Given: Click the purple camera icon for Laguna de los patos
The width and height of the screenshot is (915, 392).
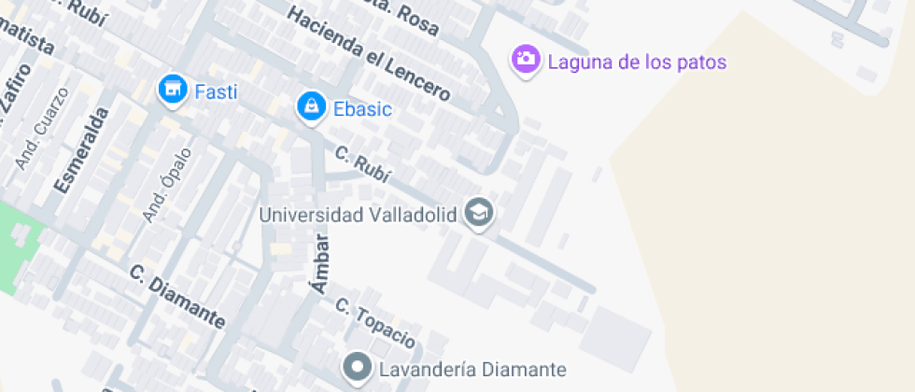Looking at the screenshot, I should tap(526, 60).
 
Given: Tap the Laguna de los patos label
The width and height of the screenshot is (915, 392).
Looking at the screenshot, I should tap(636, 63).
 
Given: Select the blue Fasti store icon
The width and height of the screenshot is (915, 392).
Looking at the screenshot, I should tap(171, 90).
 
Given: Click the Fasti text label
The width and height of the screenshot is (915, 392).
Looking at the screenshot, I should tap(216, 91).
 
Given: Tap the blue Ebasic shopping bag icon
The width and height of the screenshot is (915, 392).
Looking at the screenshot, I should tap(310, 107).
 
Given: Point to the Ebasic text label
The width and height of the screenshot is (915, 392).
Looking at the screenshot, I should tap(361, 109).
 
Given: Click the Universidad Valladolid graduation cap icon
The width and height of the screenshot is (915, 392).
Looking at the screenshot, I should tap(480, 214).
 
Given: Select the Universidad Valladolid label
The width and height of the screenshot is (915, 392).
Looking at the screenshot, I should tap(358, 215).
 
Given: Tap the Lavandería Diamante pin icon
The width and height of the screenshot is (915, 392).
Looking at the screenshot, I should tap(357, 368).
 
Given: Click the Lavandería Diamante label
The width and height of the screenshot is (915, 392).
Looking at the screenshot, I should tap(472, 369).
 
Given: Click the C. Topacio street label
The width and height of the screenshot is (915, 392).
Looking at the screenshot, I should tap(374, 322).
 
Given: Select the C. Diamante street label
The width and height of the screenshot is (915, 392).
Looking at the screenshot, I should tap(177, 297).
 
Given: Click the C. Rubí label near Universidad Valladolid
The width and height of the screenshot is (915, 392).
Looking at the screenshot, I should tap(361, 164).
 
